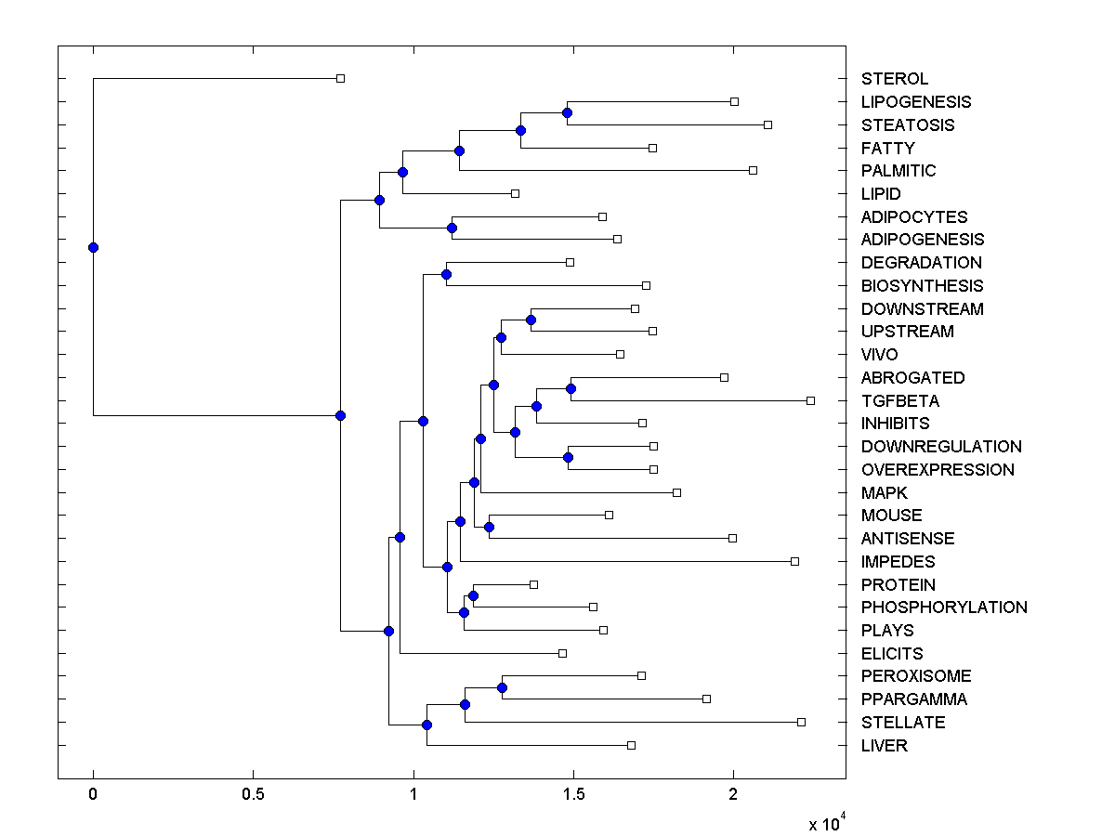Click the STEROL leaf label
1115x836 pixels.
click(894, 79)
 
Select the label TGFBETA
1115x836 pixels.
click(899, 401)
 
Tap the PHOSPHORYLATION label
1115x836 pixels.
click(944, 607)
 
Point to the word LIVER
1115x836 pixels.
click(884, 746)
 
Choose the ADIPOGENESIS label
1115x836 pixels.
click(922, 240)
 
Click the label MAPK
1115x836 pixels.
click(884, 493)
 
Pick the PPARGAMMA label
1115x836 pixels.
click(913, 699)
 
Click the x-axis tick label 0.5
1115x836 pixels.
click(253, 794)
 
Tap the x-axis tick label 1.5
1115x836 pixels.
click(573, 794)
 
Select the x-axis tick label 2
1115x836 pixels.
click(733, 794)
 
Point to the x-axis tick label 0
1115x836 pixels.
click(93, 794)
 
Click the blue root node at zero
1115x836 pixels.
click(93, 247)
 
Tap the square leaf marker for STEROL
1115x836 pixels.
click(340, 78)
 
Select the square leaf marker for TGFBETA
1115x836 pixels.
click(810, 400)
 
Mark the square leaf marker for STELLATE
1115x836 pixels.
click(801, 722)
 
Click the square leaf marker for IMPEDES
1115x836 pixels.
click(794, 561)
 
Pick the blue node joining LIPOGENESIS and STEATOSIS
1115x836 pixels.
click(567, 112)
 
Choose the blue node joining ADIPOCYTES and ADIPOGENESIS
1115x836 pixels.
click(452, 228)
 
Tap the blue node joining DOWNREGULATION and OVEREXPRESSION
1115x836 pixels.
click(568, 457)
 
